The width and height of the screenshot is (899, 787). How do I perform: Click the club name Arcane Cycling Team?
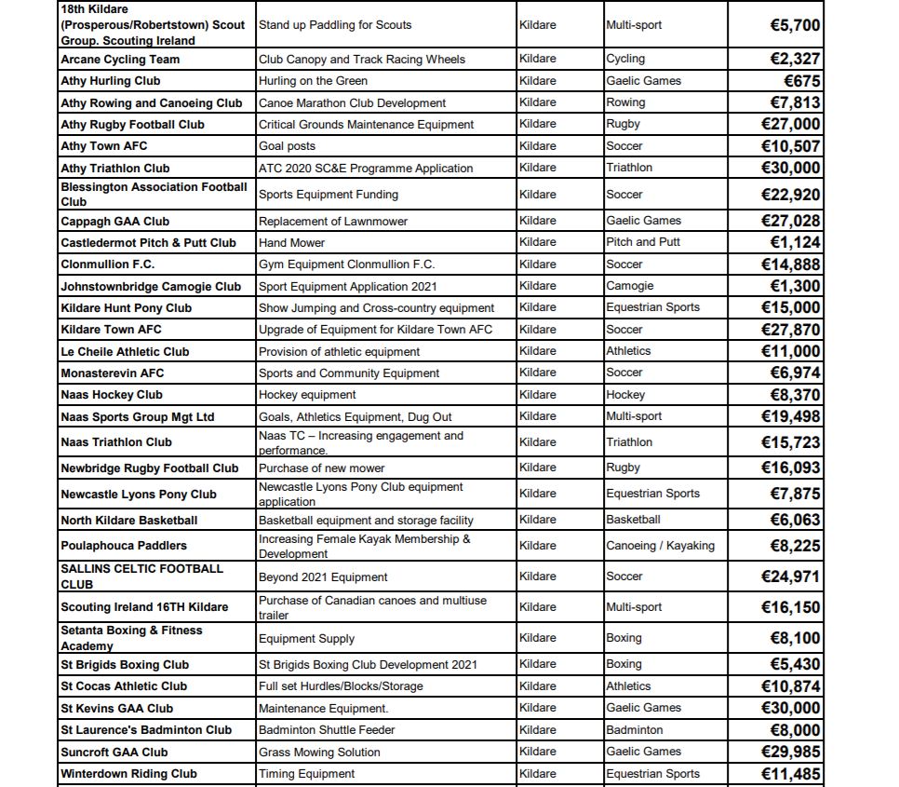coord(120,60)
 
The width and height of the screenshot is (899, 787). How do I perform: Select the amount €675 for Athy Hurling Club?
coord(802,81)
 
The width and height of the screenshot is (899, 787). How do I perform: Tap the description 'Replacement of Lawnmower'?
coord(333,222)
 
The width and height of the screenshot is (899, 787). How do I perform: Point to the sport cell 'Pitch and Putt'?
coord(643,242)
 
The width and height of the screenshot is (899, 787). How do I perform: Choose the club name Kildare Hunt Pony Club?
coord(126,308)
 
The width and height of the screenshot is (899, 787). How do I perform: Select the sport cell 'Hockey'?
coord(625,395)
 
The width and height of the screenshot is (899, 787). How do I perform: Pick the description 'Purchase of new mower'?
coord(321,468)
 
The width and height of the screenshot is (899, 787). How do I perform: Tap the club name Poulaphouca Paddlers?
coord(124,546)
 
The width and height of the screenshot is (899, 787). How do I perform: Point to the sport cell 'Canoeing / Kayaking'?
coord(661,546)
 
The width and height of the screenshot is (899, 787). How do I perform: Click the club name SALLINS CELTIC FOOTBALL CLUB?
coord(141,577)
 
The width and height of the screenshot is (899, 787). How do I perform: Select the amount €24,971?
coord(790,577)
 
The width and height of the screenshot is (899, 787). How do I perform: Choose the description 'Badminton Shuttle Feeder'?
coord(327,730)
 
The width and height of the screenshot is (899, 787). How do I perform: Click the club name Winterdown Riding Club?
coord(128,774)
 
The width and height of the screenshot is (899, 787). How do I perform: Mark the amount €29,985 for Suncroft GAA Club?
coord(790,752)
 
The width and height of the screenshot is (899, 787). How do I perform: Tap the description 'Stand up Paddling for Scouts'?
coord(335,25)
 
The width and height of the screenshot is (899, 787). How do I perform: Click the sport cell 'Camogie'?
coord(630,286)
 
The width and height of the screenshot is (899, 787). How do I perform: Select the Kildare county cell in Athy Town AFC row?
coord(538,146)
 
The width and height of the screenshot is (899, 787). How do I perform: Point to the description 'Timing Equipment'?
coord(306,774)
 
